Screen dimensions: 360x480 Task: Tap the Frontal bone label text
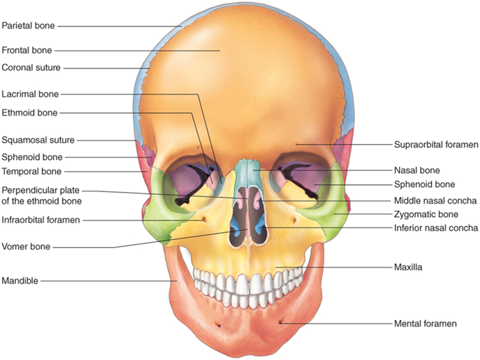point(26,51)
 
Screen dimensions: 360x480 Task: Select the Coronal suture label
point(31,68)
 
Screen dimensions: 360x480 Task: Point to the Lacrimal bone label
point(30,94)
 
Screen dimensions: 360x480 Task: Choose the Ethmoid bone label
point(29,112)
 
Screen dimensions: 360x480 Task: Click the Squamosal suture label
point(38,140)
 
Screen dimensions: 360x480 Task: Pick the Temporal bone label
point(31,171)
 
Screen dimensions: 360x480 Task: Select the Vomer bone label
point(26,247)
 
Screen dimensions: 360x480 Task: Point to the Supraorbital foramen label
point(435,144)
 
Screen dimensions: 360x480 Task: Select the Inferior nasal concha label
point(436,228)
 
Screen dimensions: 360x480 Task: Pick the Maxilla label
point(409,267)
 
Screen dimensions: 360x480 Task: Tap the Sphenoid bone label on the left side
point(32,156)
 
